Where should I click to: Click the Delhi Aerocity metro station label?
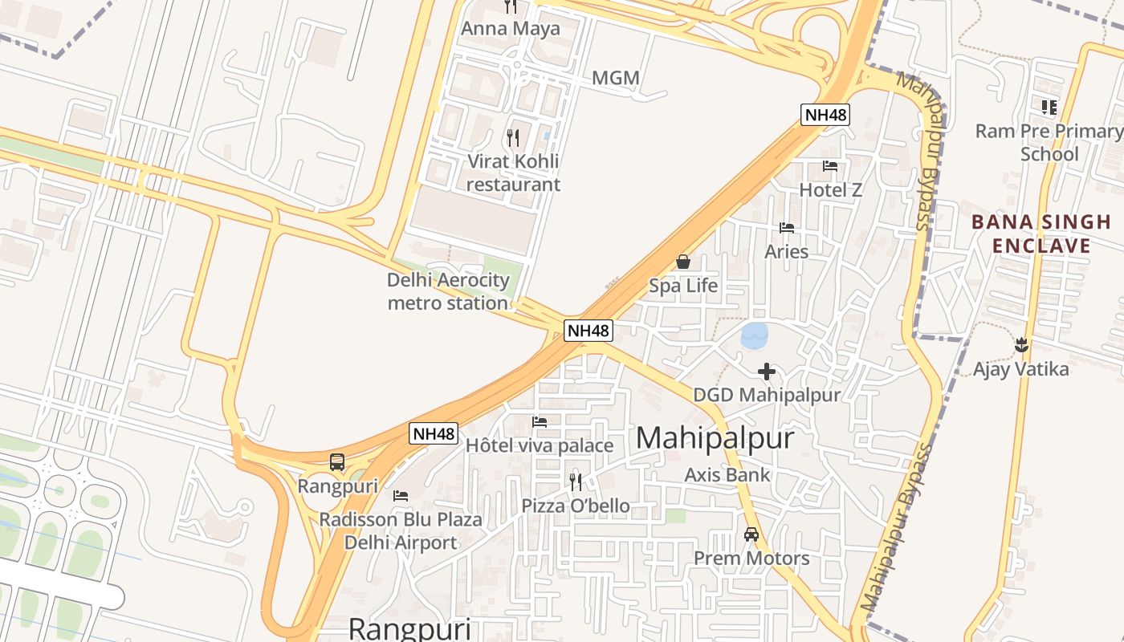point(448,291)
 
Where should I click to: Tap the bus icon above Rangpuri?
point(337,462)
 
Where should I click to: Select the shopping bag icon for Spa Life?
point(683,262)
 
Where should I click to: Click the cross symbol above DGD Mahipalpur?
point(767,372)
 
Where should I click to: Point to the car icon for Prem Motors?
point(751,534)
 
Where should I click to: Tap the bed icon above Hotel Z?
point(830,166)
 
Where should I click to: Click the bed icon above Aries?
point(787,228)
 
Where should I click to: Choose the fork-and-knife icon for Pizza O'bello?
point(576,481)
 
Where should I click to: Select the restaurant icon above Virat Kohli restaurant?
point(513,137)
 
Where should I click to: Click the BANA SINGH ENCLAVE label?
point(1041,234)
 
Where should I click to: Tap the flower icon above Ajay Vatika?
point(1021,346)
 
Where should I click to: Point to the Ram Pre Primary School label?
point(1049,142)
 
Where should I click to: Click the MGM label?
point(616,78)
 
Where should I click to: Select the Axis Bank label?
point(727,474)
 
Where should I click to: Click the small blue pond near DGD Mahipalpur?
point(755,335)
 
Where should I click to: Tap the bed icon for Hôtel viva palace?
point(540,422)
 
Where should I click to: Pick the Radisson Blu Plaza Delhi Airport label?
point(401,530)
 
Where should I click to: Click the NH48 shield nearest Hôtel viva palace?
point(434,433)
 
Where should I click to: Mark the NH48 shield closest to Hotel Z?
point(825,115)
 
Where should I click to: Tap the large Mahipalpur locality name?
point(715,438)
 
